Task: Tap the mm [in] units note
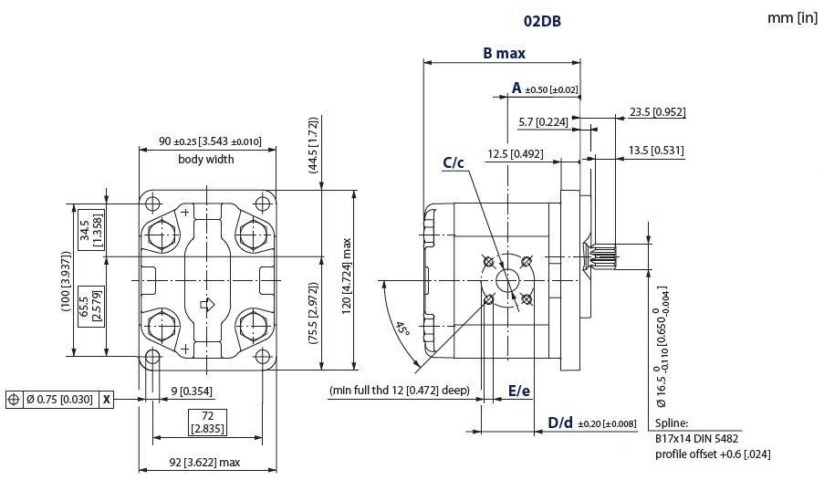point(792,18)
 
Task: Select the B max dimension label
point(504,52)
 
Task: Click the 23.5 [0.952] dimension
point(657,112)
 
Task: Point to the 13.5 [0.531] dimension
point(657,151)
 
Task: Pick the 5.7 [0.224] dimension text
point(543,122)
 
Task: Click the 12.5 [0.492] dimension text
point(516,153)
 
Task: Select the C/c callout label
point(454,163)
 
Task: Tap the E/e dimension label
point(519,391)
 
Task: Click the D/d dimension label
point(560,422)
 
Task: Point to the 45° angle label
point(402,327)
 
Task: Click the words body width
point(205,159)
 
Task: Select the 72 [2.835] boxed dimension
point(207,421)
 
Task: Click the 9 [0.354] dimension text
point(192,391)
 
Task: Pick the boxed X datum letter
point(107,400)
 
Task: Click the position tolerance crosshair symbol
point(14,400)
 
